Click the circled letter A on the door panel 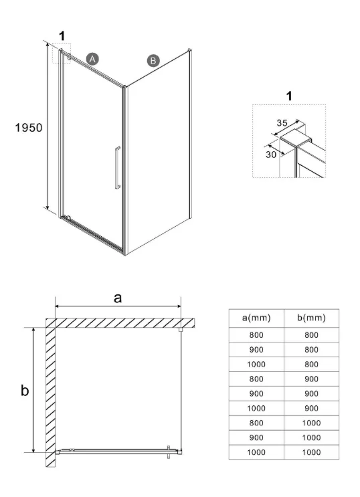pyautogui.click(x=92, y=59)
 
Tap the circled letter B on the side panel pyautogui.click(x=153, y=61)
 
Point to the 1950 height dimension pyautogui.click(x=29, y=127)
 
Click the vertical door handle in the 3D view pyautogui.click(x=118, y=168)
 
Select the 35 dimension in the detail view pyautogui.click(x=282, y=122)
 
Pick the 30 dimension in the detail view pyautogui.click(x=271, y=155)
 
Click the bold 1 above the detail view pyautogui.click(x=289, y=96)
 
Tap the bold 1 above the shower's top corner pyautogui.click(x=62, y=36)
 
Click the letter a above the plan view pyautogui.click(x=118, y=298)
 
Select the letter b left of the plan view pyautogui.click(x=25, y=390)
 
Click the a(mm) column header pyautogui.click(x=256, y=318)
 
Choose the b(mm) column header pyautogui.click(x=311, y=318)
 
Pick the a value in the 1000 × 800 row pyautogui.click(x=256, y=364)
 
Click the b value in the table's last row pyautogui.click(x=311, y=452)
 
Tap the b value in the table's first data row pyautogui.click(x=311, y=335)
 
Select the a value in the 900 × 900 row pyautogui.click(x=256, y=394)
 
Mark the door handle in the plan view pyautogui.click(x=169, y=452)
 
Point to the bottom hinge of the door pyautogui.click(x=67, y=217)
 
